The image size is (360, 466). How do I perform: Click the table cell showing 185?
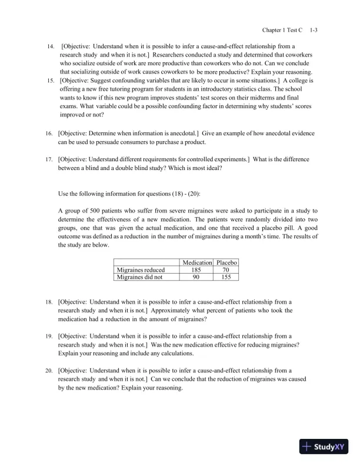197,269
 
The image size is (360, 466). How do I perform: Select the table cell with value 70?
225,269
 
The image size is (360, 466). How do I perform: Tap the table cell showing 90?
197,277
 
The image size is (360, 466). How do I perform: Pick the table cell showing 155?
225,277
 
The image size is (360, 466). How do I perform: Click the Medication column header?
197,262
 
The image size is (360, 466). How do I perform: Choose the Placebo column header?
225,262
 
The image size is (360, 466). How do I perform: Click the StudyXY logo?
324,447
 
